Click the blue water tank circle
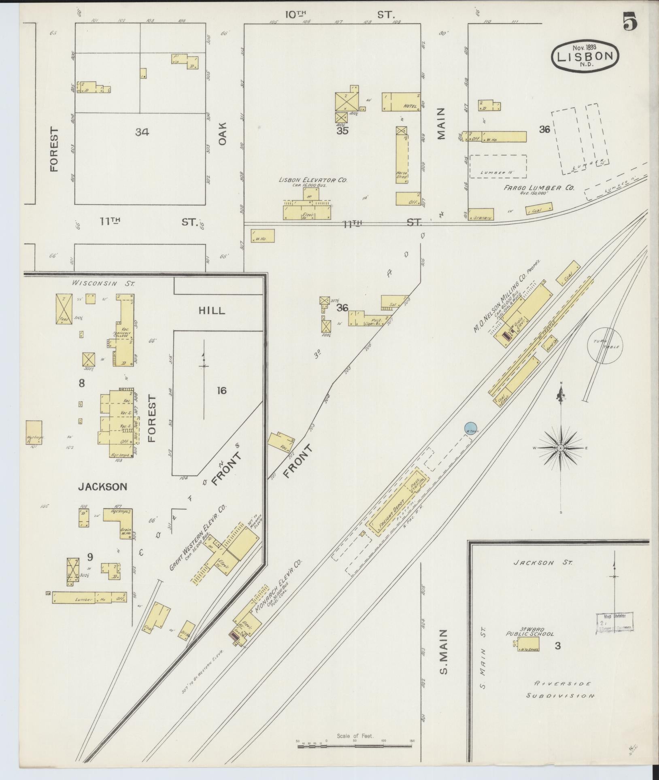[x=470, y=428]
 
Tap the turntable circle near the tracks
[x=605, y=344]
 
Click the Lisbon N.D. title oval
[x=585, y=57]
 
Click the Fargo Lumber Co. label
[x=539, y=188]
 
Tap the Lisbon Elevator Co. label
[x=313, y=180]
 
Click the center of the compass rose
[x=561, y=448]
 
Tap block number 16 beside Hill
[x=221, y=391]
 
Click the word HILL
[x=212, y=310]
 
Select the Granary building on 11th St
[x=481, y=214]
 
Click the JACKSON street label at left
[x=102, y=487]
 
